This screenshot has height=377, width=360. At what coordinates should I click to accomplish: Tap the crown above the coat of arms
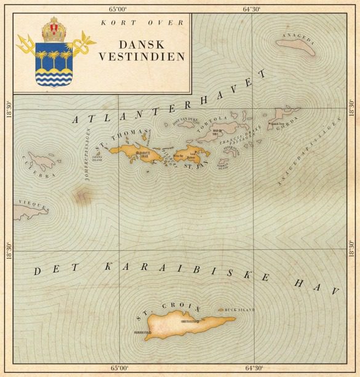[x=55, y=28]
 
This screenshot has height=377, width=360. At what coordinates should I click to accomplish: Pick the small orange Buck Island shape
[x=222, y=309]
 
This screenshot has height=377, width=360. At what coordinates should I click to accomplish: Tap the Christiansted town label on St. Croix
[x=189, y=321]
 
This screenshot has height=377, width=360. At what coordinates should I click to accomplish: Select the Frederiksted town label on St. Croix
[x=143, y=333]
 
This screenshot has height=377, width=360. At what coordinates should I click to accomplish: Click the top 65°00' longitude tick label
[x=118, y=9]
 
